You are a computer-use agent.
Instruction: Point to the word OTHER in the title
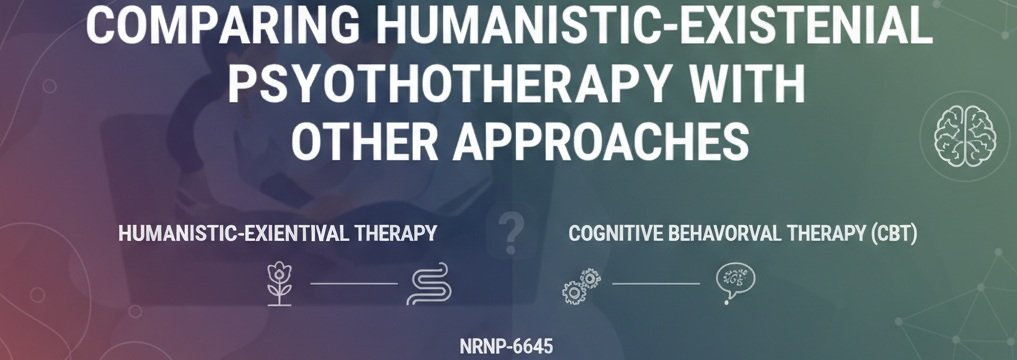(x=367, y=143)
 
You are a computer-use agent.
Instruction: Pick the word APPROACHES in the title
(x=601, y=143)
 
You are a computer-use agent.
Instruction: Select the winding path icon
(x=429, y=283)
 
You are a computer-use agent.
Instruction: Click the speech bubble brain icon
(x=735, y=283)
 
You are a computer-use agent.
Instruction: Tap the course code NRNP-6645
(x=505, y=348)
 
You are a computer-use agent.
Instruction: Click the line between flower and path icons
(x=353, y=284)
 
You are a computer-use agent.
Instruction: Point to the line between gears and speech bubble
(x=655, y=284)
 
